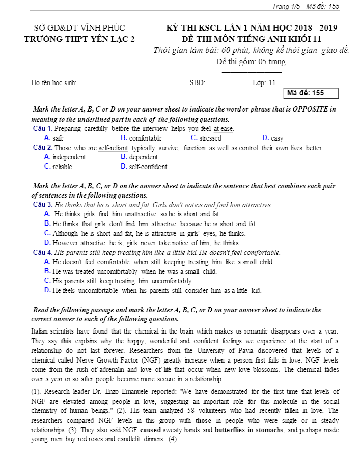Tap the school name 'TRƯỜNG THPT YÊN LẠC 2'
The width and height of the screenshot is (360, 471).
[79, 39]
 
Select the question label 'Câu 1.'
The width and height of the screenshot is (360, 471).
[43, 128]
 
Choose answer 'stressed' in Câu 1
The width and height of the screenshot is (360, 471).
[210, 138]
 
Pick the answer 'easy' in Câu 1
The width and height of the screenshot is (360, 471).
[277, 138]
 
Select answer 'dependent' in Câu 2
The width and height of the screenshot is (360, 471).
[144, 157]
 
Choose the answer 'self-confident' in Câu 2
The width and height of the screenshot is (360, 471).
[148, 167]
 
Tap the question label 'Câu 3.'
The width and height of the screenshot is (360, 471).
[43, 205]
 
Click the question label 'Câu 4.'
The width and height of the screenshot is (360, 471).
[43, 252]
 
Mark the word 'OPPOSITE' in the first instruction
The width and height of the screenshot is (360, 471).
[310, 109]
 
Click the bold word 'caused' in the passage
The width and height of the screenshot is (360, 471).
[151, 430]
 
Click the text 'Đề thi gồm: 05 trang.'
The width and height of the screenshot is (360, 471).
[252, 62]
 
